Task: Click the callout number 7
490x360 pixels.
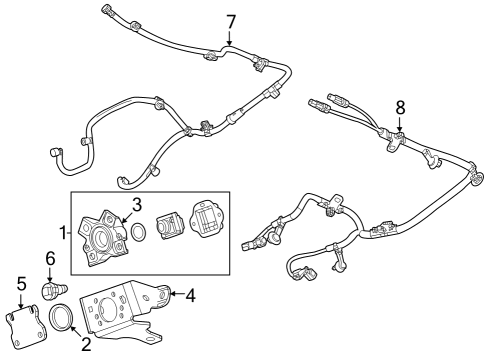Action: (x=231, y=21)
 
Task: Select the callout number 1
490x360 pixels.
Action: (x=62, y=233)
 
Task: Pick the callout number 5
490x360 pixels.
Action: (x=22, y=284)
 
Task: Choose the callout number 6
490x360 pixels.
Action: (x=50, y=257)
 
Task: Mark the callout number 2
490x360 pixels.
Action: (x=86, y=345)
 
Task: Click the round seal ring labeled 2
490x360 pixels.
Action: (x=64, y=321)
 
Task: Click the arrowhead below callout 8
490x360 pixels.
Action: (x=400, y=129)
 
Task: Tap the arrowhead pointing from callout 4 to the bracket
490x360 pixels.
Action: (x=169, y=294)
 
